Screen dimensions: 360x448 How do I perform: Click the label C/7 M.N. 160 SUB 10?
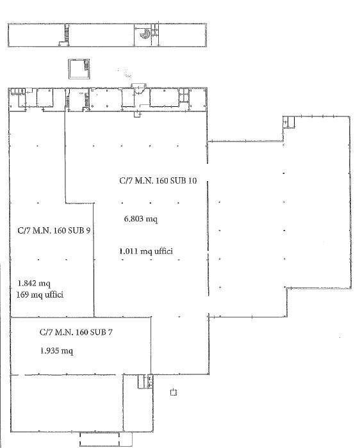[158, 181]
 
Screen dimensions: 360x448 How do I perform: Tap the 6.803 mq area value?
[141, 219]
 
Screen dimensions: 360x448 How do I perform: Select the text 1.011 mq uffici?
[146, 252]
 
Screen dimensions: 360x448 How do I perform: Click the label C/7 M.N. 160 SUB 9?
[54, 230]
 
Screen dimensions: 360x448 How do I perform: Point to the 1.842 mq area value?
[34, 284]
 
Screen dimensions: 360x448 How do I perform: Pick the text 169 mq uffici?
[40, 294]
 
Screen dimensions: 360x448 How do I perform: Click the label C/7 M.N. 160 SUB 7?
[76, 332]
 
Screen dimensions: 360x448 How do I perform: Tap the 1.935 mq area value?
[56, 351]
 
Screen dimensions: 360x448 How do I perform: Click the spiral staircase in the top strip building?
[145, 34]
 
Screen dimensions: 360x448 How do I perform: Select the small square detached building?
[79, 69]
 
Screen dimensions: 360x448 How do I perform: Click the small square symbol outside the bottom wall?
[174, 392]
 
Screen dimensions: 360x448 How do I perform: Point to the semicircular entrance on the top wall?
[139, 88]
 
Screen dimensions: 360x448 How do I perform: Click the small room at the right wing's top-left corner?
[289, 122]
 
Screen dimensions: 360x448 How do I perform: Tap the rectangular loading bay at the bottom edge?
[99, 440]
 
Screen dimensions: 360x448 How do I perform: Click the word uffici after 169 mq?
[54, 294]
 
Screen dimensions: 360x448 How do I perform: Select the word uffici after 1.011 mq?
[163, 252]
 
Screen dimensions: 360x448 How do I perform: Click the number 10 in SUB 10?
[192, 181]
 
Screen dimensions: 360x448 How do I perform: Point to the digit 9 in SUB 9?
[88, 230]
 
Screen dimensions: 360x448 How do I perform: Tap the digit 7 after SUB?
[110, 332]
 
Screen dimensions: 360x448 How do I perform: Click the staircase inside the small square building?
[86, 65]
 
